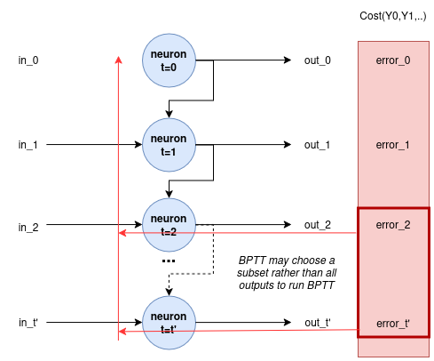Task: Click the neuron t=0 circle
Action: [169, 60]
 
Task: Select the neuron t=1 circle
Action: [169, 145]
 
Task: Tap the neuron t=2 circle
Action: [169, 225]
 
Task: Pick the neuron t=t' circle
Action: [169, 323]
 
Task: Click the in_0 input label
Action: [28, 60]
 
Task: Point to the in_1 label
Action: [28, 145]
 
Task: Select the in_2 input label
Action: [28, 228]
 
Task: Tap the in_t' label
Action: [28, 323]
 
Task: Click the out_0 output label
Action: [318, 60]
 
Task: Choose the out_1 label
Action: [317, 145]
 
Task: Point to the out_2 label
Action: [318, 225]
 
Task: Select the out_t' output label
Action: [318, 323]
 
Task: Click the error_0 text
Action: [393, 60]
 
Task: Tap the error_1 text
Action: [392, 145]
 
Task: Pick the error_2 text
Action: [393, 225]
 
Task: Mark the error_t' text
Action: [393, 324]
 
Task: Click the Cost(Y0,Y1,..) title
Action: [393, 16]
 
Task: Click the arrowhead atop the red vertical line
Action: [118, 60]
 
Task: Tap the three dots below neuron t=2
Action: [169, 261]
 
